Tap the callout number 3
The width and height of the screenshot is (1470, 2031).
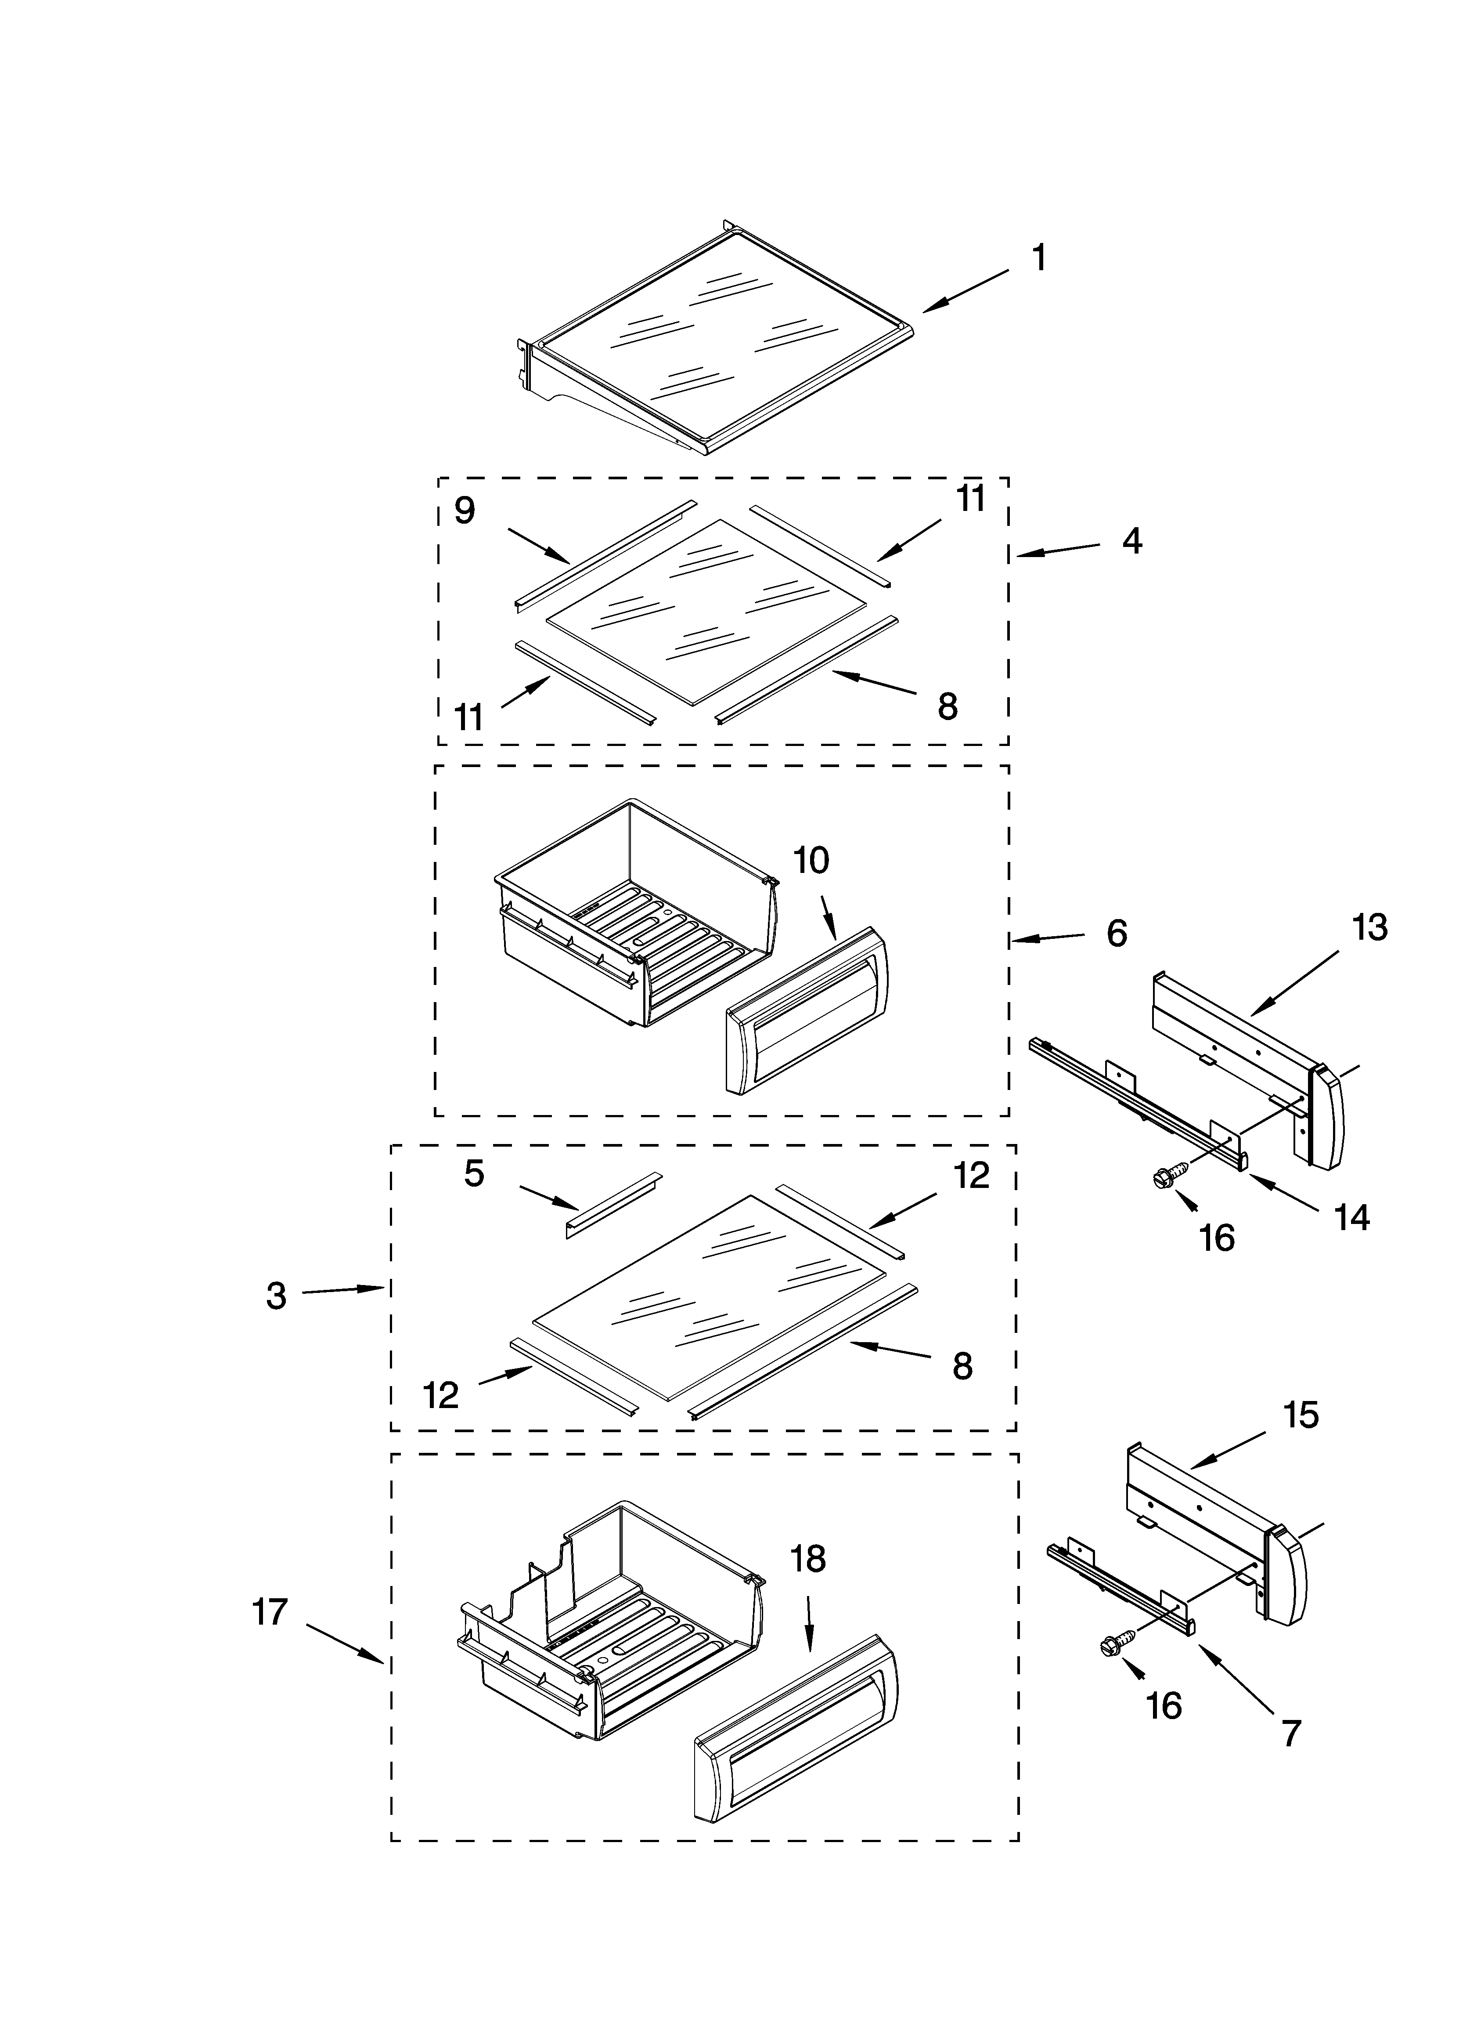(x=276, y=1296)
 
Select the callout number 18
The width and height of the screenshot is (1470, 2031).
(x=808, y=1559)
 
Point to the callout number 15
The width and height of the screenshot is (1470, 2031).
(x=1301, y=1415)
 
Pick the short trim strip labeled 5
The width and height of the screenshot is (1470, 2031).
(x=613, y=1205)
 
